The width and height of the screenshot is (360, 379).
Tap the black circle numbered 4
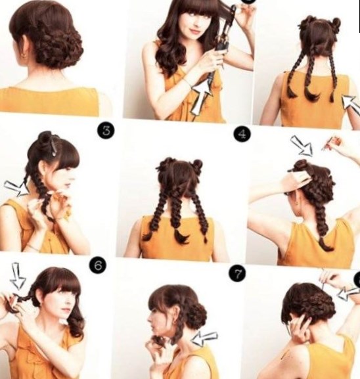point(242,135)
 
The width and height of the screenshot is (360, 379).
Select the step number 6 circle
point(98,265)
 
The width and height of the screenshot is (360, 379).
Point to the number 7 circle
point(238,274)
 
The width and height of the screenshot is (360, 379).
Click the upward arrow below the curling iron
point(201,97)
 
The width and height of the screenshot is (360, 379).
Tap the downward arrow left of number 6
point(18,276)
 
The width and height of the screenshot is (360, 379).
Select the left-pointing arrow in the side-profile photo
point(204,338)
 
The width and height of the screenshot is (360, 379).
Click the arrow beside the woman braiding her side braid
point(16,188)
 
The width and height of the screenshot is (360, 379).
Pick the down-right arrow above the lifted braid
point(302,146)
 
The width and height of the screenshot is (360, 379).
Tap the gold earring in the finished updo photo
point(24,56)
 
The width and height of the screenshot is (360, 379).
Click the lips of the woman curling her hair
point(192,31)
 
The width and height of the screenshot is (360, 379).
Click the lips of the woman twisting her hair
point(65,310)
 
